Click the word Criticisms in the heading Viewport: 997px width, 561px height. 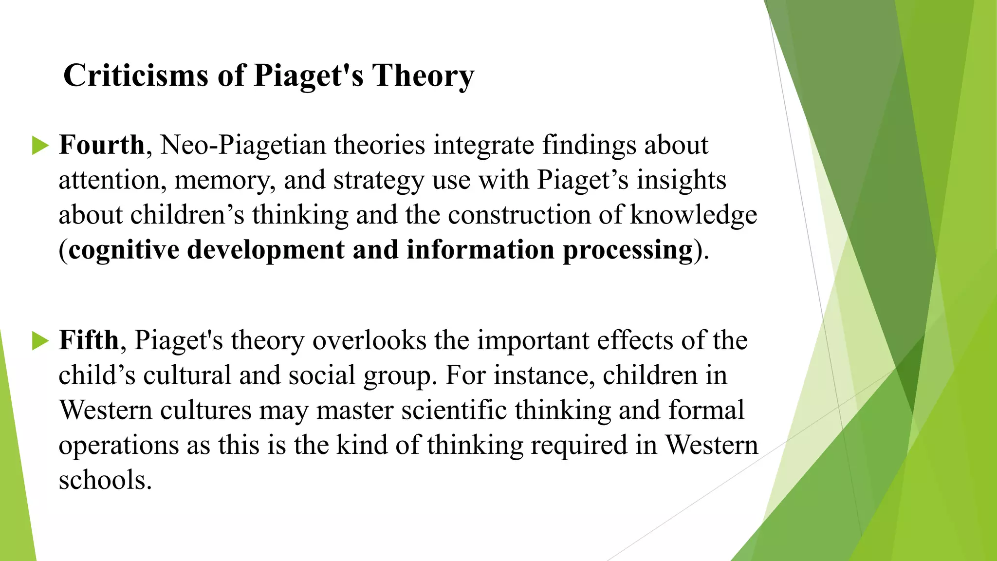point(136,76)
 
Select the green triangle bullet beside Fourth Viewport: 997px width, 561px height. point(40,146)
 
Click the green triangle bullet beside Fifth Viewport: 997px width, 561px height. point(40,340)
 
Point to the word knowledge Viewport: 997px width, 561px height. point(693,216)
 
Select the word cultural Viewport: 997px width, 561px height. point(187,375)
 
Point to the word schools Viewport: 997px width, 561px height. point(105,480)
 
